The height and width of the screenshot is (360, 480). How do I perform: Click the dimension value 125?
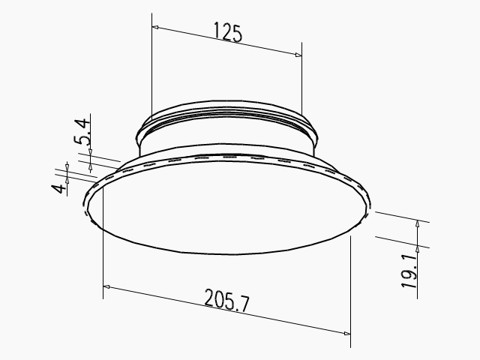click(x=228, y=33)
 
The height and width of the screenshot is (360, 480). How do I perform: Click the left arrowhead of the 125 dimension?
click(x=156, y=27)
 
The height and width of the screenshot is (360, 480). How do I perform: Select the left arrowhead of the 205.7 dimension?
click(x=107, y=287)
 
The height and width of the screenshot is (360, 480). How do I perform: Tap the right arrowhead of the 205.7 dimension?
click(x=346, y=335)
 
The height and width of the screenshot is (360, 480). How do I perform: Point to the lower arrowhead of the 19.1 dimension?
click(x=418, y=244)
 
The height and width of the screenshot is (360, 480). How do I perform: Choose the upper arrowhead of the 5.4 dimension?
click(x=90, y=154)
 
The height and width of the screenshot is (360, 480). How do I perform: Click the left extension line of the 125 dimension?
click(x=151, y=67)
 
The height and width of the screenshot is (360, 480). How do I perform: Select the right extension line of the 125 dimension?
click(x=301, y=82)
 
